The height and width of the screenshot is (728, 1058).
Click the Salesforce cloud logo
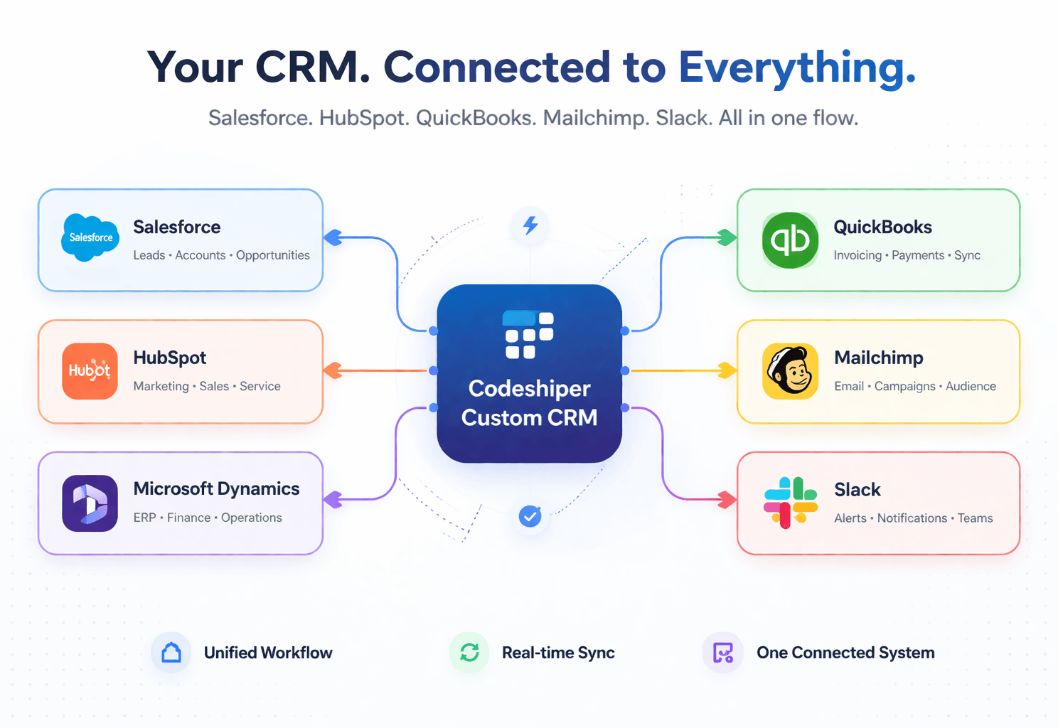point(90,237)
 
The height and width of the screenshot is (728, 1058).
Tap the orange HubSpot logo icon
point(90,371)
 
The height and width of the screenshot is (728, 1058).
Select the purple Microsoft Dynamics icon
point(90,503)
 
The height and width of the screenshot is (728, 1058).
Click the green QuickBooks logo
point(790,240)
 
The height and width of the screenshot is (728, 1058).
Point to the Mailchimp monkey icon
point(790,371)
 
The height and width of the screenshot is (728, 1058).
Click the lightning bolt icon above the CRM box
point(530,225)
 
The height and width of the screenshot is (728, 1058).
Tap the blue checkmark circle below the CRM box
point(530,516)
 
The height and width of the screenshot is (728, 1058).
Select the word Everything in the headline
point(796,68)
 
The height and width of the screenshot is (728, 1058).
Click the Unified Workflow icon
point(171,653)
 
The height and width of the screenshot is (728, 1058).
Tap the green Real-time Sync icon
point(469,653)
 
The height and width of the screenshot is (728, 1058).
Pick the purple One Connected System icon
point(723,653)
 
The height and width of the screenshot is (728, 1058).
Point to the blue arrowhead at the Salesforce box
point(333,237)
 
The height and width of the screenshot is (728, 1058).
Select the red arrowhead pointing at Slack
point(727,500)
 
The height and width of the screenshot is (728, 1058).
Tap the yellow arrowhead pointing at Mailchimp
point(727,370)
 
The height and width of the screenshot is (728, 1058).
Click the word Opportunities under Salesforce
point(273,255)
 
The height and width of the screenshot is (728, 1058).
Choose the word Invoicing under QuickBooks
point(857,255)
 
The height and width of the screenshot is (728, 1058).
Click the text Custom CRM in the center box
point(529,418)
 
